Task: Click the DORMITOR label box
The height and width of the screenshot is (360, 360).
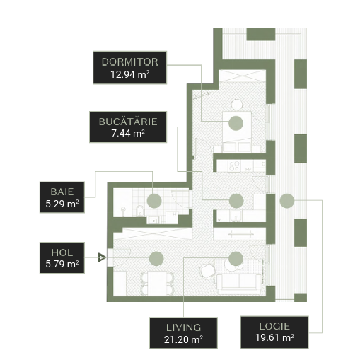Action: click(129, 68)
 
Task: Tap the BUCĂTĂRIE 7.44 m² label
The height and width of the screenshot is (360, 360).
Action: click(128, 127)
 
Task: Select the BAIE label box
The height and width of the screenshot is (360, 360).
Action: click(62, 197)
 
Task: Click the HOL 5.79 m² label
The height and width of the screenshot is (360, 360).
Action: click(62, 258)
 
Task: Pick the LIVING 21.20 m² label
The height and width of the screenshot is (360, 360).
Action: click(183, 333)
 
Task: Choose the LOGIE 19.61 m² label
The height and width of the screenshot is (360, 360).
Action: click(274, 332)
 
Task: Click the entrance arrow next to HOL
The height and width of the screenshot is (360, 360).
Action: click(102, 257)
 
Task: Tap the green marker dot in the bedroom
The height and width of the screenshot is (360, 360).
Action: click(236, 123)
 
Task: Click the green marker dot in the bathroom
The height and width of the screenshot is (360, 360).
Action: click(154, 201)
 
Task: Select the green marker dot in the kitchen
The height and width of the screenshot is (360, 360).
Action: click(236, 201)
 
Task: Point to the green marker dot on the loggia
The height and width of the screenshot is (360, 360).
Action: click(287, 201)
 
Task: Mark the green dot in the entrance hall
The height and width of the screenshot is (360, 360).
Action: click(156, 259)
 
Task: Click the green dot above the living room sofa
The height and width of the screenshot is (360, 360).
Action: click(236, 259)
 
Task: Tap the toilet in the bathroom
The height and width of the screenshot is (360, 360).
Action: click(140, 211)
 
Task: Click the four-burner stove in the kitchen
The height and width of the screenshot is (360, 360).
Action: click(234, 166)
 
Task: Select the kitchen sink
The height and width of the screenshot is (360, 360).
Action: click(236, 216)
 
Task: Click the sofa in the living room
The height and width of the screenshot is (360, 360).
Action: click(238, 284)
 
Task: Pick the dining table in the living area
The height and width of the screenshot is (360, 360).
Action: click(157, 283)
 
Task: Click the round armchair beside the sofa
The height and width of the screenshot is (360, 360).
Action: click(207, 270)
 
